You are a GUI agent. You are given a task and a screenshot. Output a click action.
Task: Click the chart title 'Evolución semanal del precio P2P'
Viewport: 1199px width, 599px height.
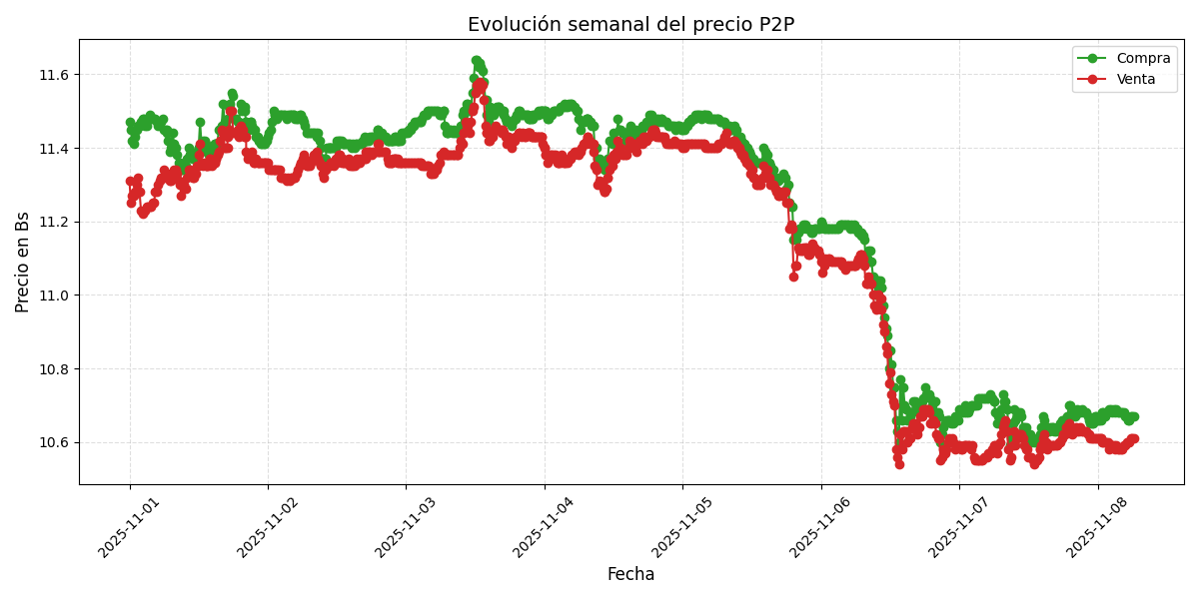coord(630,25)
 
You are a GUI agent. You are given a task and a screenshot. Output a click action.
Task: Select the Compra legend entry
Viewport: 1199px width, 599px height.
coord(1129,58)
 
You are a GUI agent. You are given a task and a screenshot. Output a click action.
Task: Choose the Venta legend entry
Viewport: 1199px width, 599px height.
coord(1129,79)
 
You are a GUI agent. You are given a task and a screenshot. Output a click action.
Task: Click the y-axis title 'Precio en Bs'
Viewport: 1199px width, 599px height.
coord(23,262)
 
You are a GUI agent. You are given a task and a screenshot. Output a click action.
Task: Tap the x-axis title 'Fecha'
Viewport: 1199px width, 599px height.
coord(630,575)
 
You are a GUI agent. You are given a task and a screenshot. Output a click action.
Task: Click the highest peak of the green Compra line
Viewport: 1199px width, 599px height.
coord(477,61)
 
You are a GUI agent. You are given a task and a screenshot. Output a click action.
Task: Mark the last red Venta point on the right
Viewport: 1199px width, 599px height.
coord(1133,438)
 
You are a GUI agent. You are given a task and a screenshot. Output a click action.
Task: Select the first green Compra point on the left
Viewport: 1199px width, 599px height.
coord(130,122)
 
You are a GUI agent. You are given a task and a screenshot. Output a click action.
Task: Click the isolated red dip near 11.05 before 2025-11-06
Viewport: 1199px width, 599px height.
coord(793,277)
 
